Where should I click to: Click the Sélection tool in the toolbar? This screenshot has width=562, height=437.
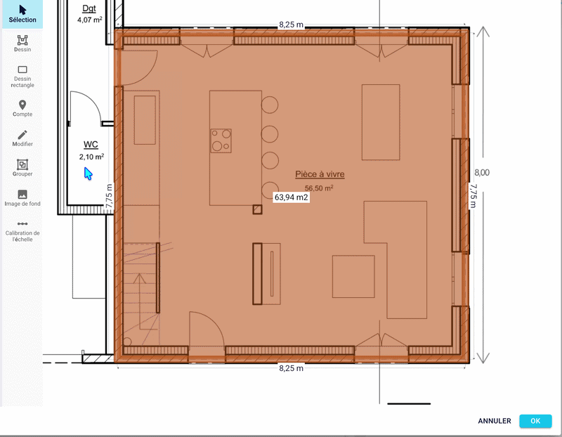tap(22, 14)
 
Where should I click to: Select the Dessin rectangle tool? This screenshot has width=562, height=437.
tap(22, 77)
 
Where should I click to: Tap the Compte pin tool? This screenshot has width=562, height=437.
tap(22, 108)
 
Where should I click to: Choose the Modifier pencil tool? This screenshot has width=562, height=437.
tap(22, 138)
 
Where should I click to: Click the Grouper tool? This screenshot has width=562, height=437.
tap(22, 168)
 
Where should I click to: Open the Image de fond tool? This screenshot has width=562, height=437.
tap(22, 198)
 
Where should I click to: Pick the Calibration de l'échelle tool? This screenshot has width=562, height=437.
tap(22, 231)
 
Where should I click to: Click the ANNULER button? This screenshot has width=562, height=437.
tap(495, 421)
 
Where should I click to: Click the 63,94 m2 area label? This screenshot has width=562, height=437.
tap(291, 197)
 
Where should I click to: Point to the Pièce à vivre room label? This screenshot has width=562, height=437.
tap(320, 174)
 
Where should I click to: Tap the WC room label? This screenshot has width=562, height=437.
tap(91, 145)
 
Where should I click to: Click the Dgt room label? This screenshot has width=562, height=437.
tap(89, 8)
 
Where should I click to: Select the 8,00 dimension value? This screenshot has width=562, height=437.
tap(482, 172)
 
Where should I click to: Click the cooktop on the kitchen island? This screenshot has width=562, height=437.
tap(221, 141)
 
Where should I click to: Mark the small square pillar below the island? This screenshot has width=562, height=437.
tap(257, 209)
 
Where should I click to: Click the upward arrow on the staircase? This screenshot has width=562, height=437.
tap(139, 301)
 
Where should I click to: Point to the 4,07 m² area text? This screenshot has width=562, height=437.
tap(90, 20)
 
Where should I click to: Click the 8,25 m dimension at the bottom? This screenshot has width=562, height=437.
tap(291, 368)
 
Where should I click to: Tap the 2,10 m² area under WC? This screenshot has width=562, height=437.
tap(91, 157)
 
